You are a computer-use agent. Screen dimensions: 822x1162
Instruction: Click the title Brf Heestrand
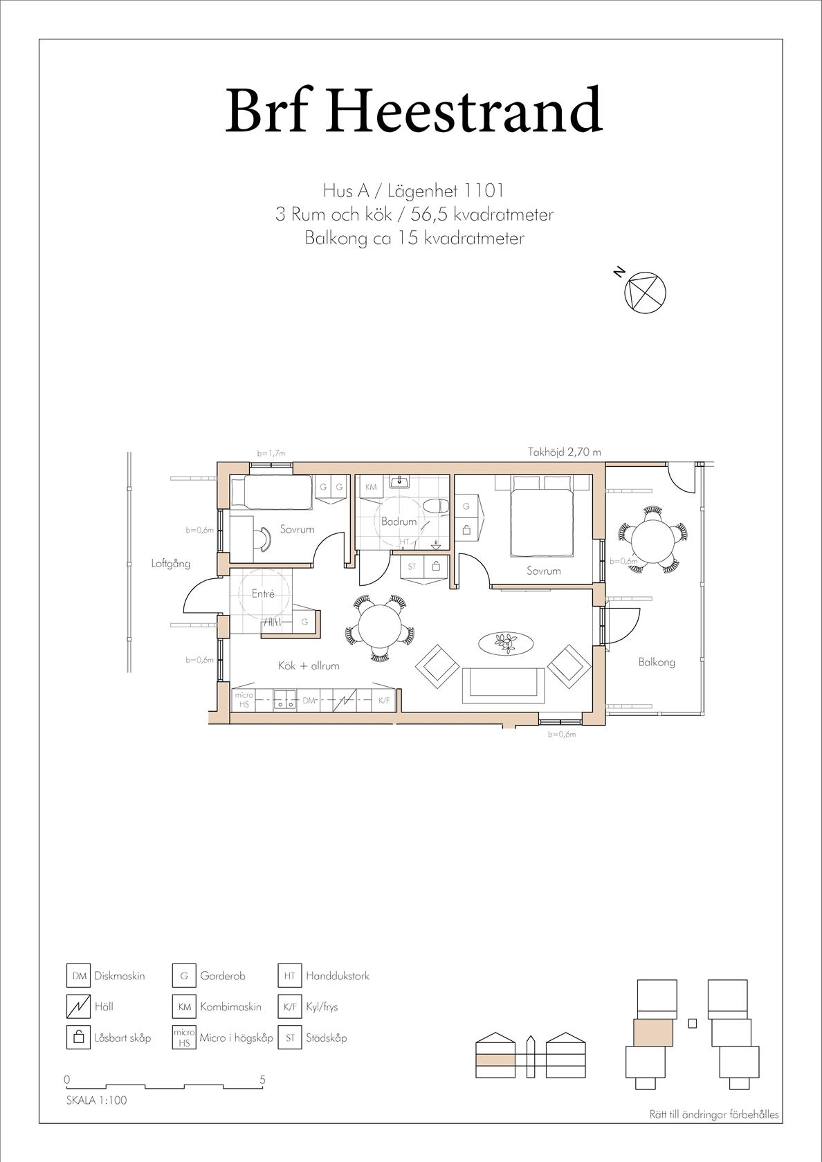pyautogui.click(x=414, y=109)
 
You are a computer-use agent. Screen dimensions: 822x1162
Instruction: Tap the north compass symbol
pyautogui.click(x=646, y=293)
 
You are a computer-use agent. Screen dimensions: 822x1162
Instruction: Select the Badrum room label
pyautogui.click(x=399, y=522)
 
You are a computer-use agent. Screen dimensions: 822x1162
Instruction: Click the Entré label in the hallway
pyautogui.click(x=263, y=594)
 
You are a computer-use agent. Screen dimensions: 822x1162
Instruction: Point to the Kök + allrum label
pyautogui.click(x=309, y=665)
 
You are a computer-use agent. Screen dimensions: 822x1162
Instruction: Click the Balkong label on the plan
pyautogui.click(x=657, y=663)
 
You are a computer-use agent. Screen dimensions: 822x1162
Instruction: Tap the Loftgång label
pyautogui.click(x=171, y=563)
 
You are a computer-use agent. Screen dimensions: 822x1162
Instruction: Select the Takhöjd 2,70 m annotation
pyautogui.click(x=565, y=452)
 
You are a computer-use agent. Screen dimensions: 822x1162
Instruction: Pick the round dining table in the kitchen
pyautogui.click(x=381, y=625)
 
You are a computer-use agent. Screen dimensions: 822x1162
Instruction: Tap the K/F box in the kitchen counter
pyautogui.click(x=383, y=700)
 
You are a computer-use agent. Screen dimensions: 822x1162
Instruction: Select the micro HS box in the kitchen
pyautogui.click(x=244, y=700)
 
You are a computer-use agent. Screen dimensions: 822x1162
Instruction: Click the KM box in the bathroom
pyautogui.click(x=371, y=487)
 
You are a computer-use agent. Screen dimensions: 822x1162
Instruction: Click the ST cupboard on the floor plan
pyautogui.click(x=412, y=566)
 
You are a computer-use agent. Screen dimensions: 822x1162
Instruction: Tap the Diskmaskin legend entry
pyautogui.click(x=106, y=976)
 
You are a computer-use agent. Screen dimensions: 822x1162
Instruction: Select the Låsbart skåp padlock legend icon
pyautogui.click(x=78, y=1038)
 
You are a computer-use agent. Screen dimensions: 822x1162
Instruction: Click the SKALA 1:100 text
pyautogui.click(x=97, y=1100)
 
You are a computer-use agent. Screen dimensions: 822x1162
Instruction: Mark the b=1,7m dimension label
pyautogui.click(x=271, y=453)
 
